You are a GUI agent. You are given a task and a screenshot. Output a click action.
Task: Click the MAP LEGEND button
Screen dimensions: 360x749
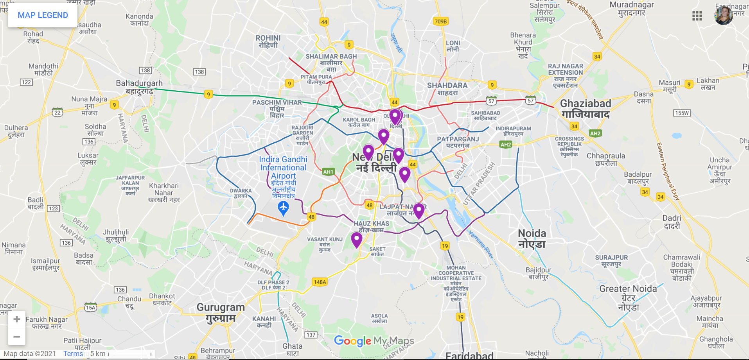point(43,15)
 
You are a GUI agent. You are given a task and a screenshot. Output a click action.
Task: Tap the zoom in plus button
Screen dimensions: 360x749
point(17,319)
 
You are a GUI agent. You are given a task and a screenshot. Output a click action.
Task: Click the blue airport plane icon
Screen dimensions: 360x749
point(283,208)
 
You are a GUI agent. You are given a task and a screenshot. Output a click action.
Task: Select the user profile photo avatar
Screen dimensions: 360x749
point(724,16)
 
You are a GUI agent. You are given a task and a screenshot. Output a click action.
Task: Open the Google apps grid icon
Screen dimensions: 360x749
point(697,16)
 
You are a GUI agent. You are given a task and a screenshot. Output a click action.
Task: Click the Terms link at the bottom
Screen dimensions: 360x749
point(73,353)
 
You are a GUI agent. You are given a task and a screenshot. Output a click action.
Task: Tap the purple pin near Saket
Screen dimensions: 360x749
point(356,239)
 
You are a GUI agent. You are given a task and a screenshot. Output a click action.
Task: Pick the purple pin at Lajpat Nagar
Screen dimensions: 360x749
point(419,211)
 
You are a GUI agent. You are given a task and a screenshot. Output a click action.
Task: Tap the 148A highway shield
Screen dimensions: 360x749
point(320,282)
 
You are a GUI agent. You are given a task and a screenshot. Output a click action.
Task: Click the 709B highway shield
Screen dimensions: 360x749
point(440,21)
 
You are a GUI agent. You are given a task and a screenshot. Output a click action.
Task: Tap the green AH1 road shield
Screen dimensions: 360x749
point(328,172)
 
